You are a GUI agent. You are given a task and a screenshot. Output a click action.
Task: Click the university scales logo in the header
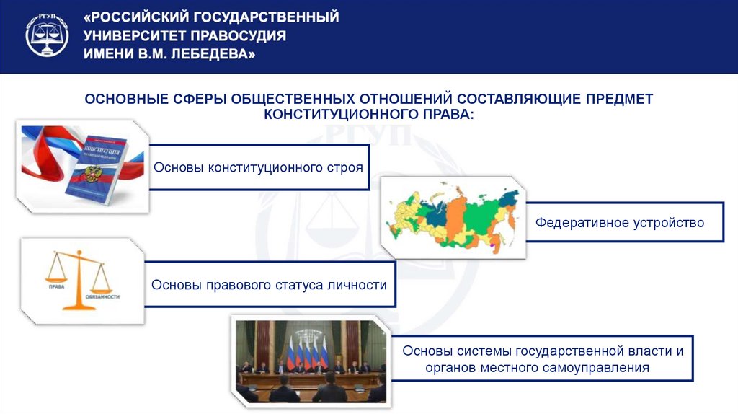[x=48, y=35]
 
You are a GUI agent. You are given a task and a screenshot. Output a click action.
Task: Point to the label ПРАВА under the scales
[x=57, y=286]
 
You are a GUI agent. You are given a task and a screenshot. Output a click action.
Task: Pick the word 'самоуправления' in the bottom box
[x=605, y=368]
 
